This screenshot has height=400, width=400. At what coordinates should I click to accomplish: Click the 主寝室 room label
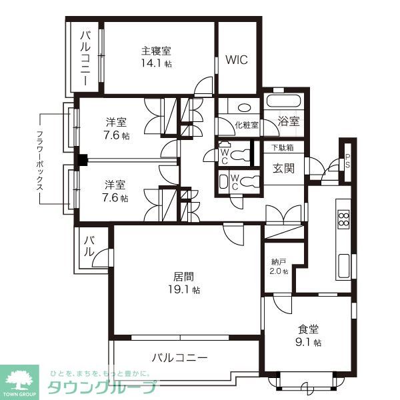[156, 51]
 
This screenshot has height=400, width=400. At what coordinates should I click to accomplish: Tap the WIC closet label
[236, 59]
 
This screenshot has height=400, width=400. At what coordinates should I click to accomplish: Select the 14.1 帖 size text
[156, 64]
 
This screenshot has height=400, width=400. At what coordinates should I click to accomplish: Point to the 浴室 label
[289, 121]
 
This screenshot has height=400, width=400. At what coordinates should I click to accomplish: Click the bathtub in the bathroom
[284, 101]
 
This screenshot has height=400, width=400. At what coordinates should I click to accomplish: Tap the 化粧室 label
[246, 125]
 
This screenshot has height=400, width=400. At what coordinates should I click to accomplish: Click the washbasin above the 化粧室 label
[244, 107]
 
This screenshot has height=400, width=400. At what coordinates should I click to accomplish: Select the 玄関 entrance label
[283, 168]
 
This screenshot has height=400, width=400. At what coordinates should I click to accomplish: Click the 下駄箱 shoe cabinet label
[283, 147]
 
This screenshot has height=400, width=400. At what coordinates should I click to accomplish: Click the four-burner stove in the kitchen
[344, 219]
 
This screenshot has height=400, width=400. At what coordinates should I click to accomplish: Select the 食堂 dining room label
[309, 329]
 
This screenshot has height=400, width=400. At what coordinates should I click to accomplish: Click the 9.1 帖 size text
[309, 343]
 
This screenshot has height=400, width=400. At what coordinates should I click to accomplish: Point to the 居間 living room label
[183, 276]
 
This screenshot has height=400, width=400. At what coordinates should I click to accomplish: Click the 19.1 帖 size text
[183, 290]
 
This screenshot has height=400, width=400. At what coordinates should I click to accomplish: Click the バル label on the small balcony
[88, 247]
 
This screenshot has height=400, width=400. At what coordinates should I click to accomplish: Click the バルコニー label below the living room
[179, 357]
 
